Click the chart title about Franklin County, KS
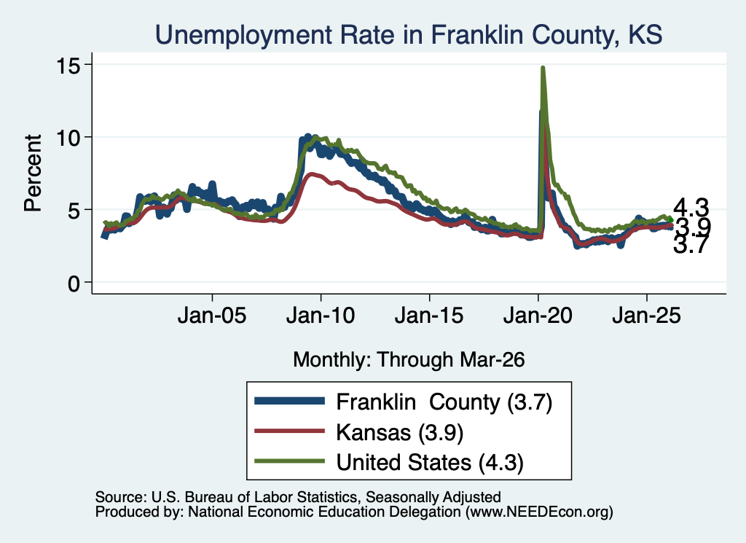coord(409,35)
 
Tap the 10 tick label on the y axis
coord(68,138)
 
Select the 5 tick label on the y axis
coord(74,211)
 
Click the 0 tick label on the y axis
coord(74,283)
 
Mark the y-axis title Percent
coord(33,173)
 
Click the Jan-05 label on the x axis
coord(212,315)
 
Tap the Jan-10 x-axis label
coord(321,315)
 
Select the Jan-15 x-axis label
coord(429,315)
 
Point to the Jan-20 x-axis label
coord(538,315)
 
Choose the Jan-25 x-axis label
coord(647,315)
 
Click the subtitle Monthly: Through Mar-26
coord(409,359)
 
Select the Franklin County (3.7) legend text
coord(444,402)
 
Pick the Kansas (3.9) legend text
coord(400,433)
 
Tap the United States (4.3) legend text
coord(430,463)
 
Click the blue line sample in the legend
coord(290,401)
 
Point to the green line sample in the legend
coord(290,461)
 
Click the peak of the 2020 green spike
coord(542,68)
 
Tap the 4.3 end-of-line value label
coord(691,208)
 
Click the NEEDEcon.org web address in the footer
coord(539,512)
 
